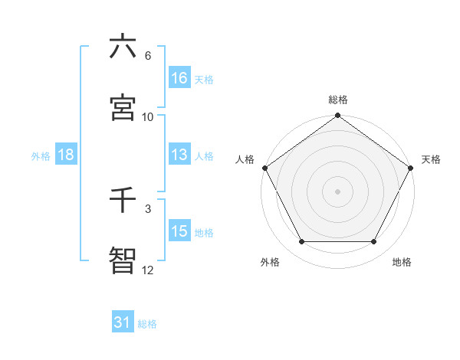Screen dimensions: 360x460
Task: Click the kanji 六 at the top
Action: click(x=123, y=47)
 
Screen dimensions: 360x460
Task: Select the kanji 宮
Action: click(x=123, y=107)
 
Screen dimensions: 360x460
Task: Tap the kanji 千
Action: click(x=123, y=200)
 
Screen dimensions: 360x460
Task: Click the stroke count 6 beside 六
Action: click(x=148, y=56)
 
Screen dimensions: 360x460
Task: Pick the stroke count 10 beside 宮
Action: click(x=148, y=116)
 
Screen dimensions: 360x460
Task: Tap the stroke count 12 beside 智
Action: click(x=148, y=270)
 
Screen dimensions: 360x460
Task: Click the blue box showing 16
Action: click(x=179, y=78)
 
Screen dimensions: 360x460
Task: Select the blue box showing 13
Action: click(x=179, y=155)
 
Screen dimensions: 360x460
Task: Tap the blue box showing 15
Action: click(x=179, y=231)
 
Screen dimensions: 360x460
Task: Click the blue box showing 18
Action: click(x=66, y=155)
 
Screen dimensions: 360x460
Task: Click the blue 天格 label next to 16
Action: click(x=204, y=79)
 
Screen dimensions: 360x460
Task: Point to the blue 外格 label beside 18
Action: click(x=41, y=155)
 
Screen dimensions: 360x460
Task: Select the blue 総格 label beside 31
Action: click(x=147, y=324)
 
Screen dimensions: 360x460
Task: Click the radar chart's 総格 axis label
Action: click(x=338, y=100)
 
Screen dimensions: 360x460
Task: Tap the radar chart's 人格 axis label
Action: click(x=245, y=159)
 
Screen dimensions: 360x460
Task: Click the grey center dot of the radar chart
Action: click(x=338, y=191)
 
